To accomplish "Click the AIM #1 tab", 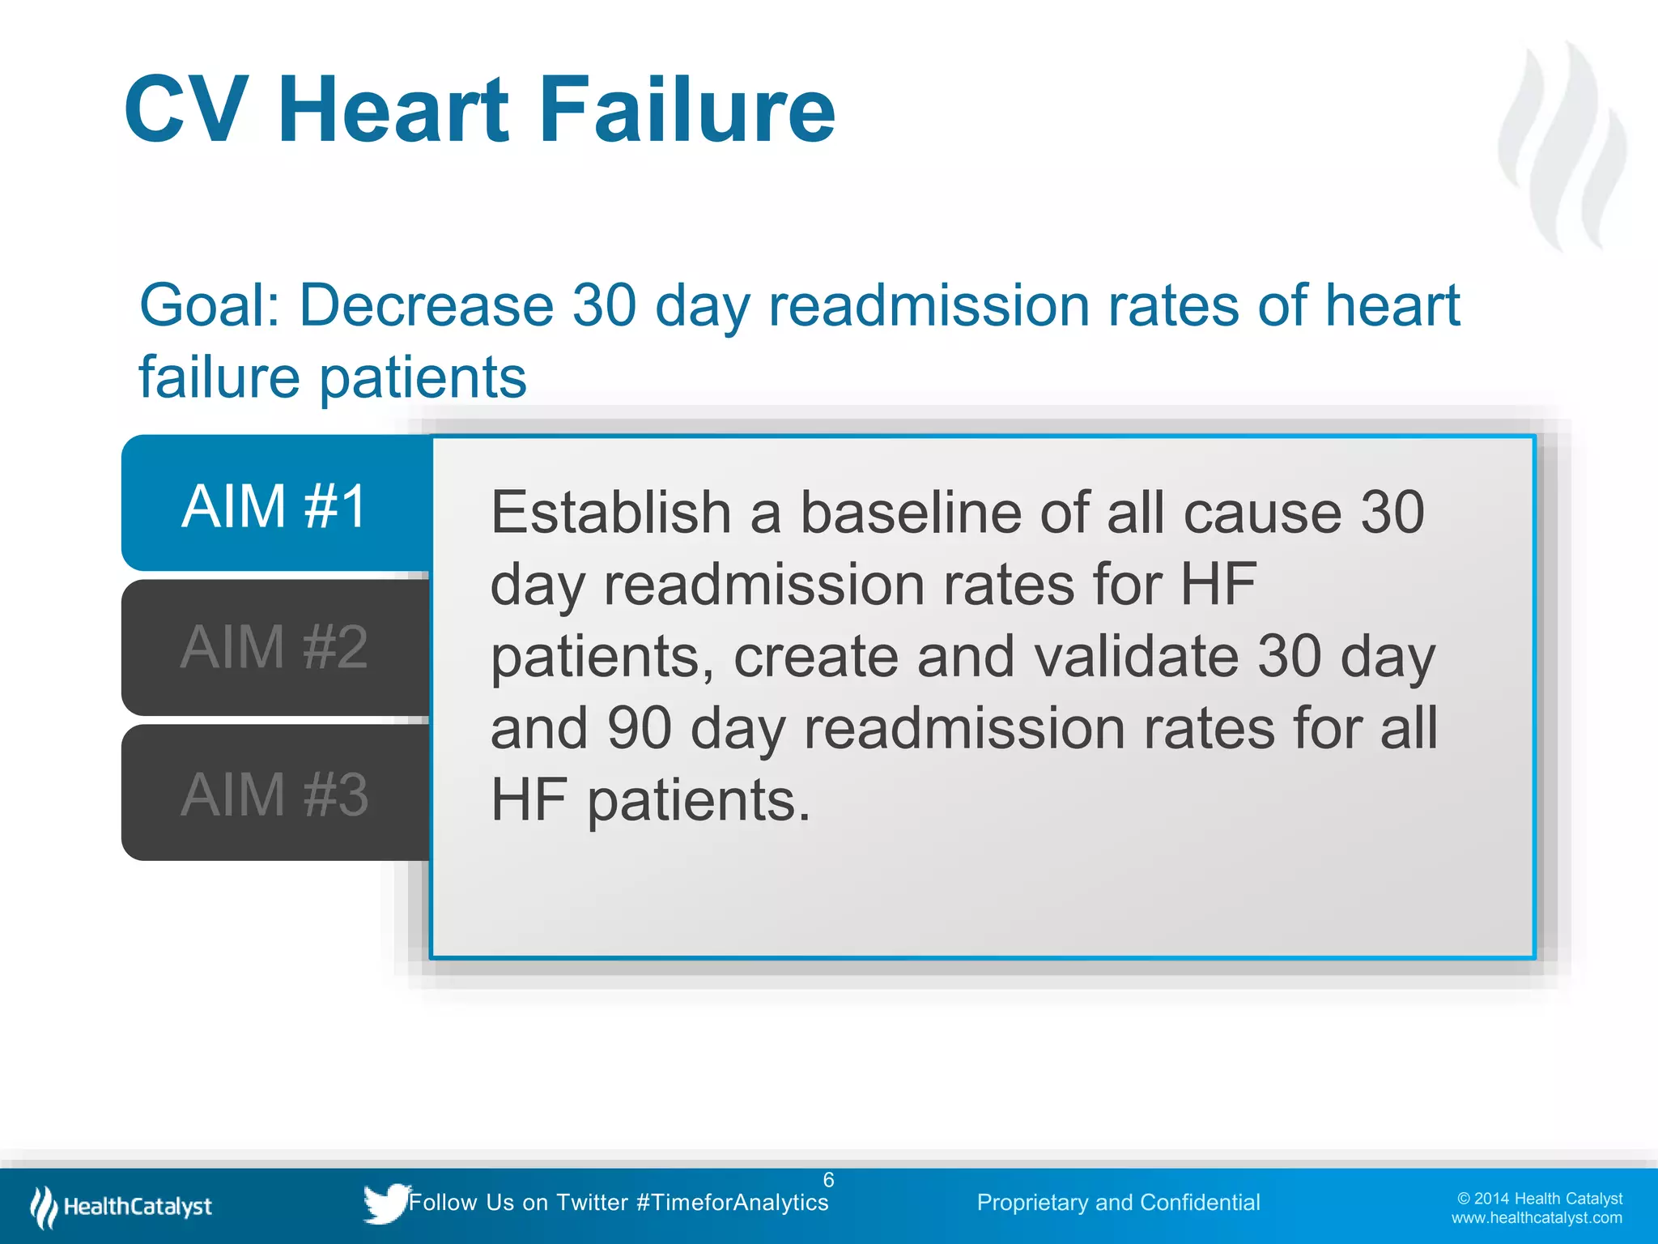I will pyautogui.click(x=275, y=505).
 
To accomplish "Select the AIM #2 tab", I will pyautogui.click(x=275, y=647).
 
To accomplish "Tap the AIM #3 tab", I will pyautogui.click(x=275, y=794).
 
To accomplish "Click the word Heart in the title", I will pyautogui.click(x=394, y=109).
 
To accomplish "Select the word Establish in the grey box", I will pyautogui.click(x=611, y=513).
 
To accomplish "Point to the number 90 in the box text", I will pyautogui.click(x=639, y=727).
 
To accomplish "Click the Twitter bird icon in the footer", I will pyautogui.click(x=385, y=1203).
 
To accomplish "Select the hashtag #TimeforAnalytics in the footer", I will pyautogui.click(x=733, y=1203).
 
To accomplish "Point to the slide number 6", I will pyautogui.click(x=828, y=1180).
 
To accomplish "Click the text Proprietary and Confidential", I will pyautogui.click(x=1118, y=1203).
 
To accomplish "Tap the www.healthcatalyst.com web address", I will pyautogui.click(x=1537, y=1218).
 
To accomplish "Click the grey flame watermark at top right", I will pyautogui.click(x=1561, y=146).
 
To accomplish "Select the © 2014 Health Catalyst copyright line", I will pyautogui.click(x=1540, y=1199).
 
